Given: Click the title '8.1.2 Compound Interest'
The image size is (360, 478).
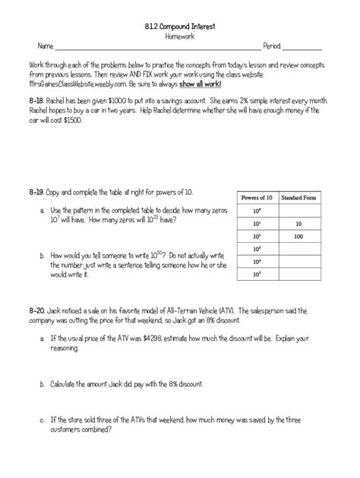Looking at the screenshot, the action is pyautogui.click(x=179, y=26).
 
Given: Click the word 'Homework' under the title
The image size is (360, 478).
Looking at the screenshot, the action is pyautogui.click(x=179, y=36).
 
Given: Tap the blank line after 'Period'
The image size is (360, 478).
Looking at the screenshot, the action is pyautogui.click(x=302, y=49).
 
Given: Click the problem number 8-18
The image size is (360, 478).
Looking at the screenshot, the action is pyautogui.click(x=36, y=99).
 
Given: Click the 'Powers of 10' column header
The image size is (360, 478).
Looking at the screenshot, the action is pyautogui.click(x=254, y=197).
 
